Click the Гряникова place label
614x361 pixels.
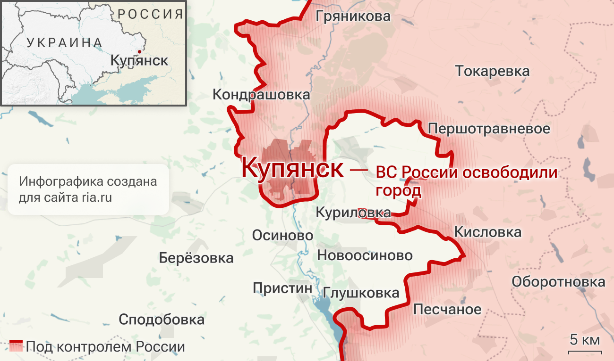point(353,16)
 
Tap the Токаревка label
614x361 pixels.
point(492,72)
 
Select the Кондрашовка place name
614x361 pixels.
point(261,94)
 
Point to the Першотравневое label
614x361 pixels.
point(489,129)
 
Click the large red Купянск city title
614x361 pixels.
point(292,167)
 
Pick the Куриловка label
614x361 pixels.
point(353,213)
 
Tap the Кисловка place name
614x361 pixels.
point(487,232)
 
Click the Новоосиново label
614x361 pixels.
point(365,255)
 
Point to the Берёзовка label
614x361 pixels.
point(196,258)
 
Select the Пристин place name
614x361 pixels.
point(282,288)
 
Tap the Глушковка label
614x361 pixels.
point(361,293)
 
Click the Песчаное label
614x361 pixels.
point(447,310)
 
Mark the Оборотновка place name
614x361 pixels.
point(558,282)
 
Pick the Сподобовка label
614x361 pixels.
point(162,320)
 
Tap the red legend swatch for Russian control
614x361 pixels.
point(16,346)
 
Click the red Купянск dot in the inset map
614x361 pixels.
point(139,52)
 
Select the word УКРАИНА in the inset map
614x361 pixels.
point(65,42)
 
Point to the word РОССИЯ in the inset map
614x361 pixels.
point(150,14)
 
